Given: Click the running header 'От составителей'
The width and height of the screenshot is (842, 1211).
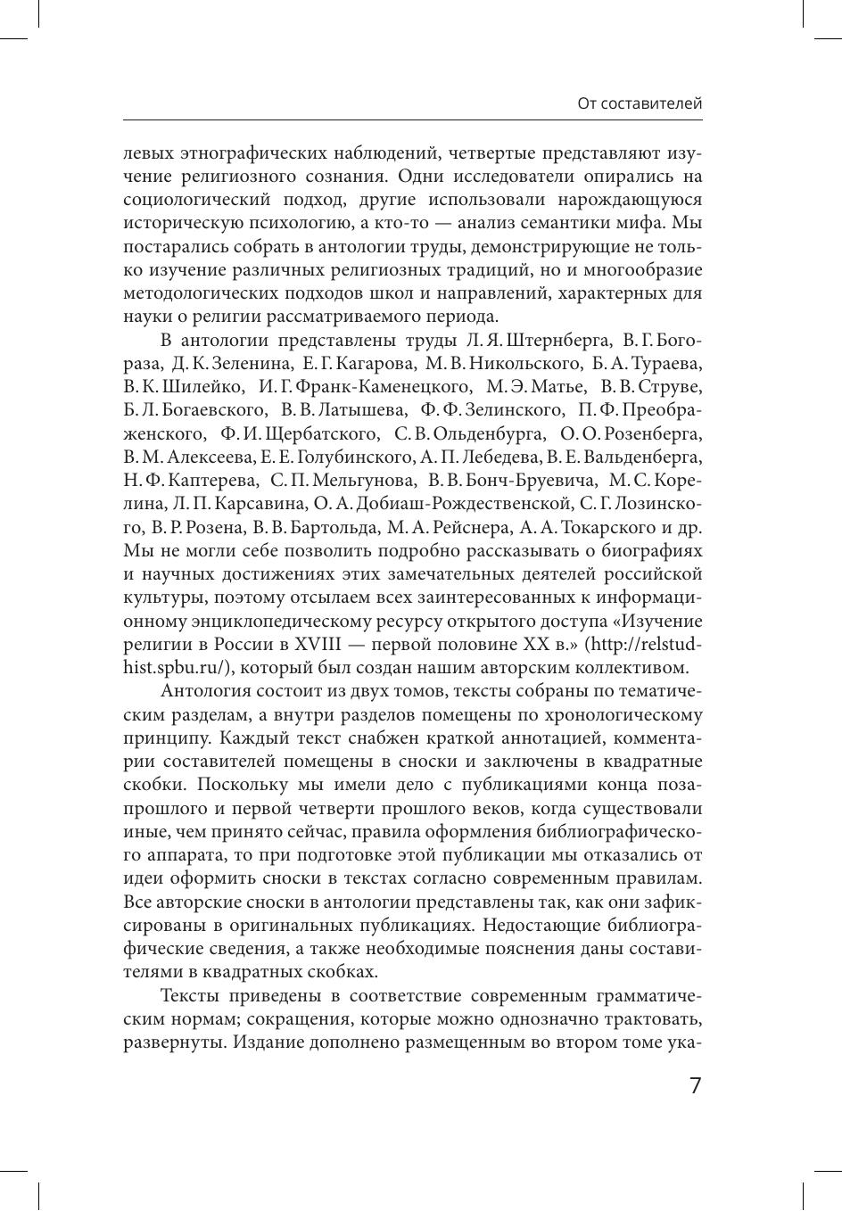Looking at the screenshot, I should click(640, 103).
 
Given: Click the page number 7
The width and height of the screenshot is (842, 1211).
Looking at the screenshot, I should click(696, 1086).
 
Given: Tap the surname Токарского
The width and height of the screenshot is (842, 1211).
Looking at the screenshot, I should click(600, 527).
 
